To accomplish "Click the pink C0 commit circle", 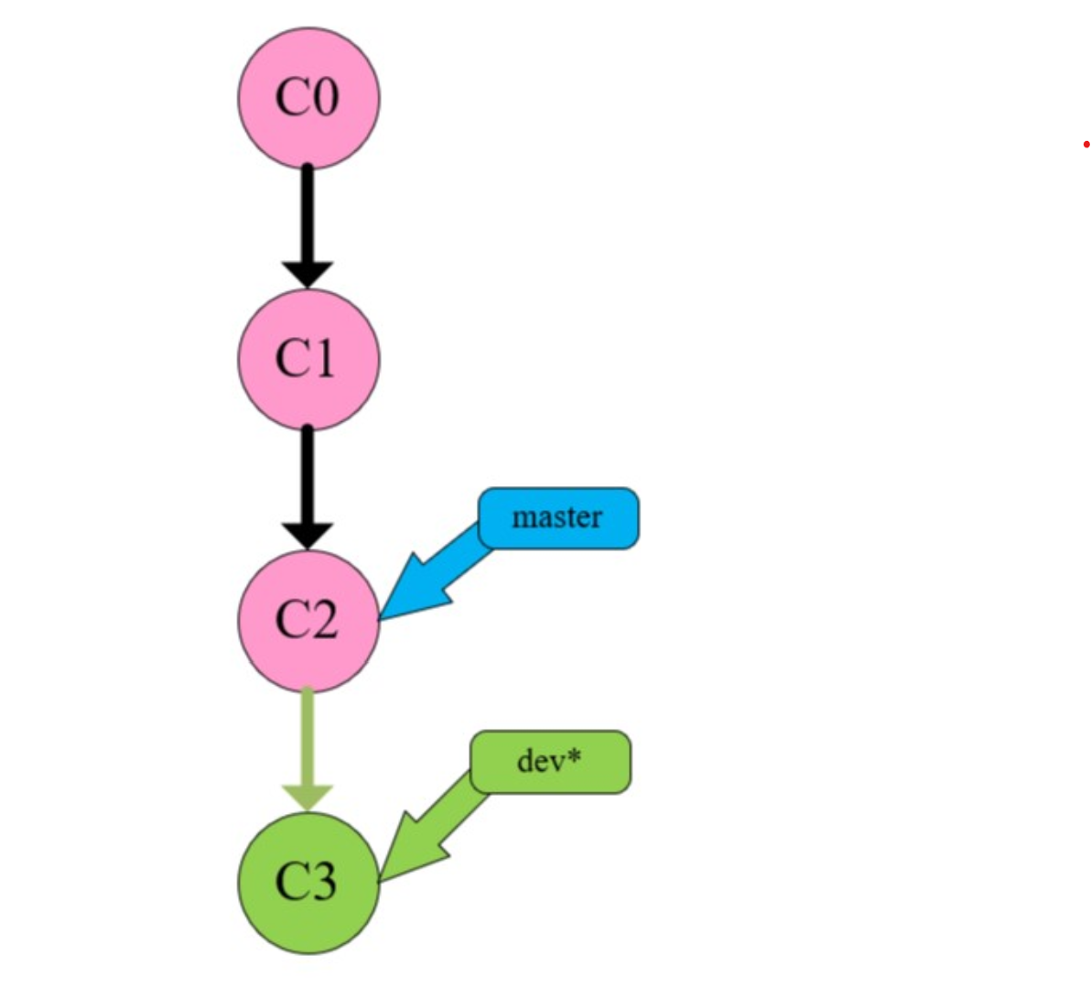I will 308,97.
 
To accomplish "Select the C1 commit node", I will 308,359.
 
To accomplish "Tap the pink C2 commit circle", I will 308,621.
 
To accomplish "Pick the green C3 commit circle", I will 308,882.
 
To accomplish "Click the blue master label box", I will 558,517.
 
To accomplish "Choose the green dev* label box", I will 550,761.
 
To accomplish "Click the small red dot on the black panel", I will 1086,145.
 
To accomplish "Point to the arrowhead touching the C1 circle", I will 308,274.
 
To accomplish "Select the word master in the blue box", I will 557,517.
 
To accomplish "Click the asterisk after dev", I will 575,757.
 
